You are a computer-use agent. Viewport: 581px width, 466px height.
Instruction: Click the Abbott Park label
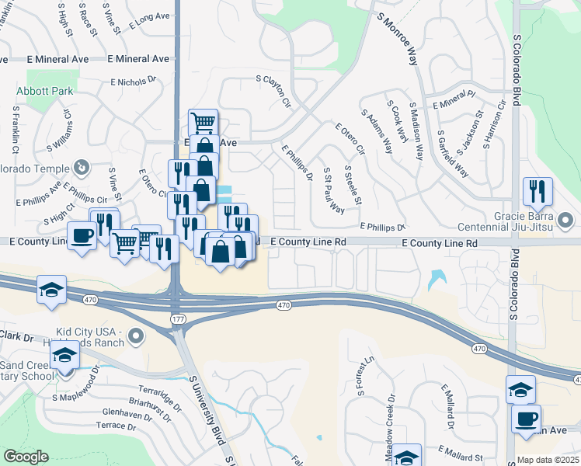click(45, 91)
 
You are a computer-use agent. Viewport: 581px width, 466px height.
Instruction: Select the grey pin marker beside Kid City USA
click(137, 336)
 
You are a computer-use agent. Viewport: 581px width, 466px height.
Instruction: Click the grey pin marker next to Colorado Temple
click(80, 167)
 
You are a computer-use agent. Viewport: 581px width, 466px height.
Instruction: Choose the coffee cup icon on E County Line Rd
click(82, 235)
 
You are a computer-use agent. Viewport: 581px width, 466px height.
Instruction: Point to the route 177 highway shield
click(178, 318)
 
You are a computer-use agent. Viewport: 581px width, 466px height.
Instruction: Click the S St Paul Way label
click(334, 190)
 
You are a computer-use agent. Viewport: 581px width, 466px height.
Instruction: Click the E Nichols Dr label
click(134, 80)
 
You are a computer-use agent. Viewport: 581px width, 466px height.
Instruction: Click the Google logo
click(26, 457)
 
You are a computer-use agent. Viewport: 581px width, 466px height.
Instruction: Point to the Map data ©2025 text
click(548, 460)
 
